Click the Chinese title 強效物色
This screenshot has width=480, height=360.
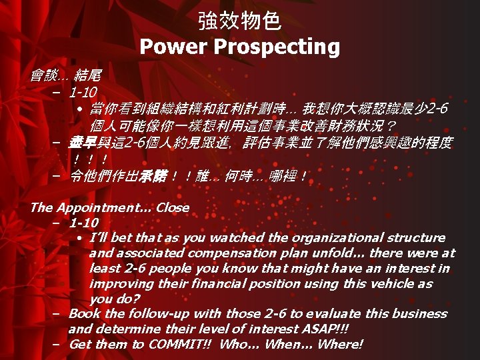pos(239,21)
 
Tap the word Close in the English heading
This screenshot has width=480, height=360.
pos(173,207)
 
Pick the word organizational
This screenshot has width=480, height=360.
pos(315,238)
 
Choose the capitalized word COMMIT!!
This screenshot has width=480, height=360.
pos(179,344)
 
